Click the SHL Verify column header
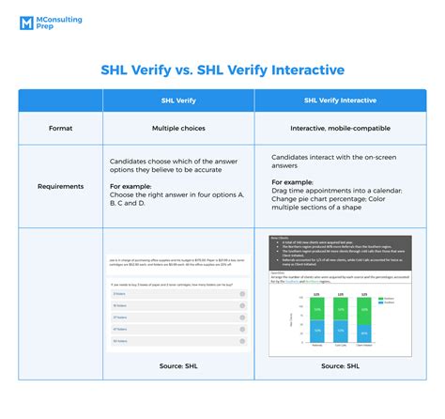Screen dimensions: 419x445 tap(177, 101)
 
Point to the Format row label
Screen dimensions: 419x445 tap(60, 126)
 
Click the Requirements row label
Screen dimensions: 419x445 tap(60, 186)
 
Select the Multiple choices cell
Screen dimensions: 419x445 tap(178, 126)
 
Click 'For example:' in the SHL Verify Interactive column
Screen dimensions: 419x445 tap(294, 181)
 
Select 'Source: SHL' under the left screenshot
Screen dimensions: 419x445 tap(177, 365)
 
